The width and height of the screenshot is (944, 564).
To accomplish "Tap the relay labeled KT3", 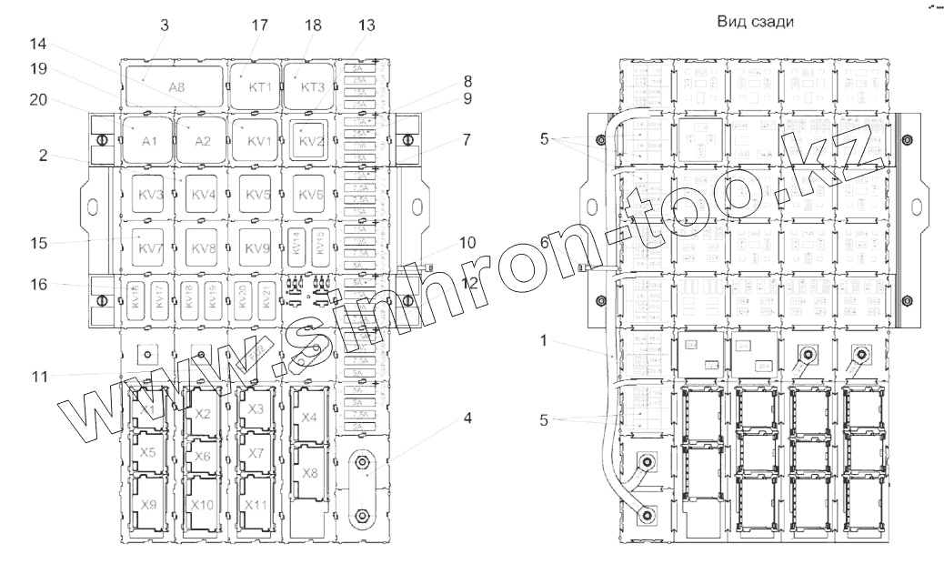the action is click(311, 86).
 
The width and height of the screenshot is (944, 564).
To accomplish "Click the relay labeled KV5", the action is click(257, 195).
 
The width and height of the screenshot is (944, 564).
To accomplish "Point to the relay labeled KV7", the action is click(148, 247).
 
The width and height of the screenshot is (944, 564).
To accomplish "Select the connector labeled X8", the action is click(310, 472).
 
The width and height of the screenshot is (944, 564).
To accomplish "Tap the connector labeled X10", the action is click(203, 505).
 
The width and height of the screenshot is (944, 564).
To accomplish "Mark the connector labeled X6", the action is click(203, 454).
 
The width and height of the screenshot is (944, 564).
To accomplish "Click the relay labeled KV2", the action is click(311, 141).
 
